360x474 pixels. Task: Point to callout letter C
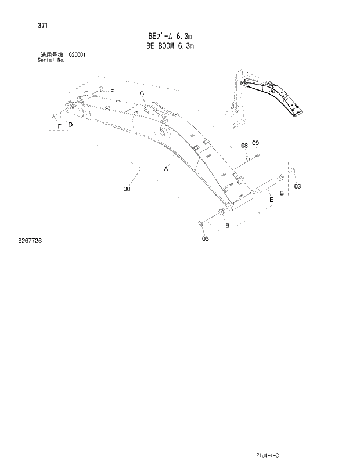coord(142,93)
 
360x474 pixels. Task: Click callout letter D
coord(70,124)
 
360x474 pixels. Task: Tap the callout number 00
coord(127,189)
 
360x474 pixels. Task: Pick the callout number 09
coord(255,143)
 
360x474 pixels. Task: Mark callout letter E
coord(271,199)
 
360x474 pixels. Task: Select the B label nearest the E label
coord(282,193)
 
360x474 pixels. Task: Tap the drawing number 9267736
coord(34,240)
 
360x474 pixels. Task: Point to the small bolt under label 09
coord(257,155)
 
